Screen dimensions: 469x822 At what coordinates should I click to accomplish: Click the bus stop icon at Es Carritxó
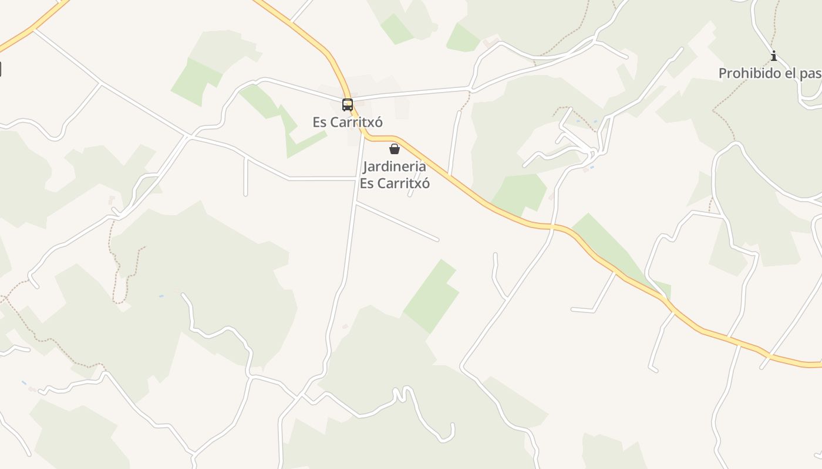click(348, 105)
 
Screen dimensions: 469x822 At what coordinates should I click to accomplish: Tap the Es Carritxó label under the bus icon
click(348, 123)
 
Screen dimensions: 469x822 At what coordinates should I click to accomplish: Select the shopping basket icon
click(395, 149)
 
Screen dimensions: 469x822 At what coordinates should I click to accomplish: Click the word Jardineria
click(395, 166)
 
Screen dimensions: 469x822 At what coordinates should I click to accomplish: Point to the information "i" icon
click(774, 56)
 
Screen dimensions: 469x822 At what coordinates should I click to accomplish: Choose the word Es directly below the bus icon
click(319, 123)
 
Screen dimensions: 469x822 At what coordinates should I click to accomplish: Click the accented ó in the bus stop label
click(379, 123)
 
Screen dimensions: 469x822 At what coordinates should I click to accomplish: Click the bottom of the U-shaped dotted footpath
click(120, 302)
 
